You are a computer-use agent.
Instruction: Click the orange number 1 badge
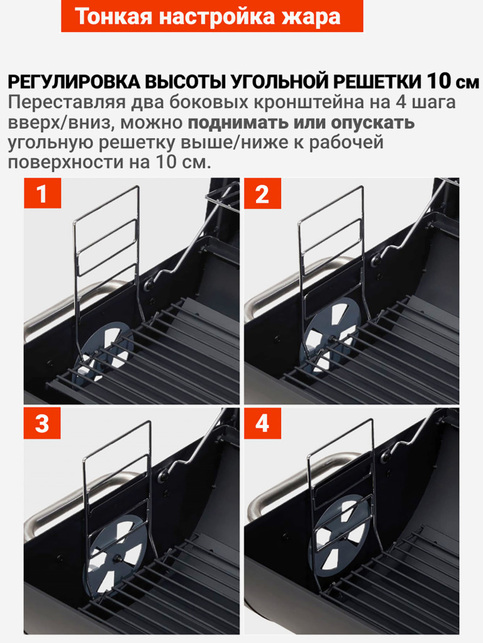(42, 193)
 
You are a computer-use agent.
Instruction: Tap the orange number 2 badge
(262, 193)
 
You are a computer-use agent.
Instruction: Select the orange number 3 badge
(42, 423)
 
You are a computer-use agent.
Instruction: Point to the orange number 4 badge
(262, 423)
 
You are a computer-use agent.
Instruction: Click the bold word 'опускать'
(372, 122)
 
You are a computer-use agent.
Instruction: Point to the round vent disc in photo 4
(341, 535)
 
